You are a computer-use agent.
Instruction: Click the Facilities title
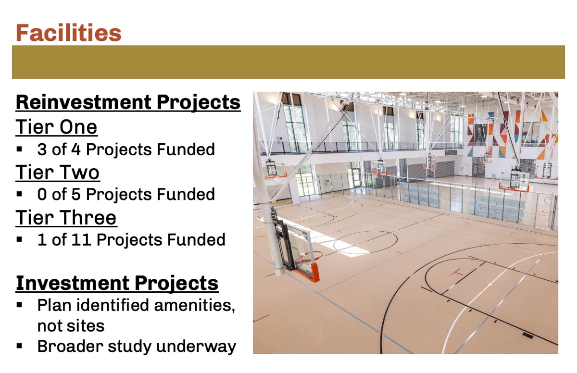click(x=68, y=33)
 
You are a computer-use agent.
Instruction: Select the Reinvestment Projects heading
click(x=128, y=102)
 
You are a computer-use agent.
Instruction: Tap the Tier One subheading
click(x=56, y=127)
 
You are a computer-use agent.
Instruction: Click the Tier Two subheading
click(x=58, y=172)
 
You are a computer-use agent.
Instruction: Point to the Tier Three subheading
click(x=66, y=218)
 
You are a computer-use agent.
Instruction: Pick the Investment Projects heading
click(x=117, y=284)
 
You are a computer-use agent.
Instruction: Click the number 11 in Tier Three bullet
click(x=81, y=240)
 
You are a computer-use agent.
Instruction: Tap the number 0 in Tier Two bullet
click(x=42, y=194)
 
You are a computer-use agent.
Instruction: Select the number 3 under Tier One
click(x=42, y=149)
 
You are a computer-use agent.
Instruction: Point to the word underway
click(x=196, y=347)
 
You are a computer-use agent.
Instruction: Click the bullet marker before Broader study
click(x=19, y=346)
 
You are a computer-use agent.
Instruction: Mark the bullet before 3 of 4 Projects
click(x=19, y=149)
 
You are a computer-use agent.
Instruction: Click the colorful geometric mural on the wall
click(x=511, y=134)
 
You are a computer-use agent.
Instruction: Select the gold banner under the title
click(x=288, y=62)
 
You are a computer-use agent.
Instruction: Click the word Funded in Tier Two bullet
click(x=186, y=194)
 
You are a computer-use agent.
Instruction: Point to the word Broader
click(x=70, y=346)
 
